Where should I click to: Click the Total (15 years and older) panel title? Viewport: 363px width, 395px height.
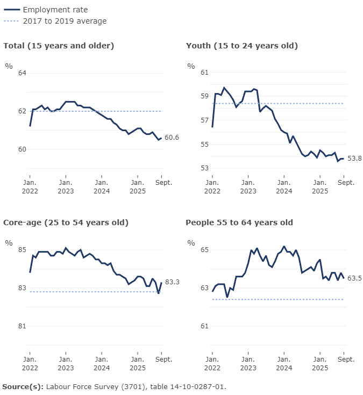(59, 46)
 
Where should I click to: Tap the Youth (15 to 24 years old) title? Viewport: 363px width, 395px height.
(241, 46)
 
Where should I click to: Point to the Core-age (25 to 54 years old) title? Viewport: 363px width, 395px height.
(66, 222)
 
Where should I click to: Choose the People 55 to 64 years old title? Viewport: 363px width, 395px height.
(239, 222)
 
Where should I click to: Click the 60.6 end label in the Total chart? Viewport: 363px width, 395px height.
(172, 138)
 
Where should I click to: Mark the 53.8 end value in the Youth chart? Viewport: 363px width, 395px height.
(354, 158)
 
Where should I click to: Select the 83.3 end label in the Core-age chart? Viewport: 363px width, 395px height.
(172, 282)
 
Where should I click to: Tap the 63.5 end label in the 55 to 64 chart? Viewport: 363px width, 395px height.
(354, 278)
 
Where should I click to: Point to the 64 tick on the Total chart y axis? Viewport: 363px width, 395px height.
(22, 73)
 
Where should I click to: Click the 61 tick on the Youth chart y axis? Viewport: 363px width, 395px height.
(204, 72)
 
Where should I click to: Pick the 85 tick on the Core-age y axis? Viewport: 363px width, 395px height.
(22, 250)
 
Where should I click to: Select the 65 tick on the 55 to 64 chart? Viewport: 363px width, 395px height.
(204, 250)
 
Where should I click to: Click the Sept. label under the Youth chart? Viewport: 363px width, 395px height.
(346, 183)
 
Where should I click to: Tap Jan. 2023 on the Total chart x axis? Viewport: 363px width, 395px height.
(66, 186)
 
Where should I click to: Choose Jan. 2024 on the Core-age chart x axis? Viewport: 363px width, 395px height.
(102, 363)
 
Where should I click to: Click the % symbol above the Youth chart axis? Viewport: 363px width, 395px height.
(191, 66)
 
